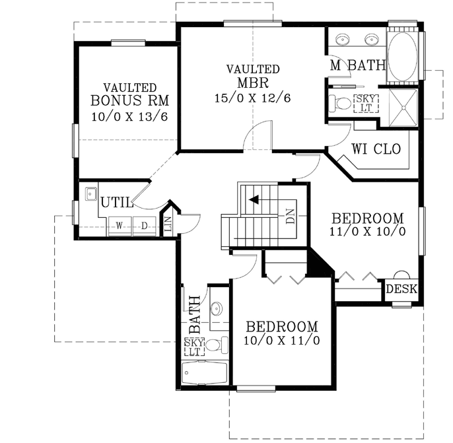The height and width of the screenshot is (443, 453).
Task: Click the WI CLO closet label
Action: pos(376,149)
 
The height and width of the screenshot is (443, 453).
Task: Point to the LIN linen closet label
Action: pos(168,225)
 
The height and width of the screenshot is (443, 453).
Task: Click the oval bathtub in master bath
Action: pos(402,57)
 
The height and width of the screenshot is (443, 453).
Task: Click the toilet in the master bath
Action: pos(340,104)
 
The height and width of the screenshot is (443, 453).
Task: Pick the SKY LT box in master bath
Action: pos(365,102)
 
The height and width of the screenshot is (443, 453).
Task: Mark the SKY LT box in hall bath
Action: pos(194,347)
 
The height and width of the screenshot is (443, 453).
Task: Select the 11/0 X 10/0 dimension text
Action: pos(367,232)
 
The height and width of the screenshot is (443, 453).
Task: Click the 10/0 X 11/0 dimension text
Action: pos(282,341)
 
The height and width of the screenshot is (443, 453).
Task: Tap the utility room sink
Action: pos(90,194)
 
